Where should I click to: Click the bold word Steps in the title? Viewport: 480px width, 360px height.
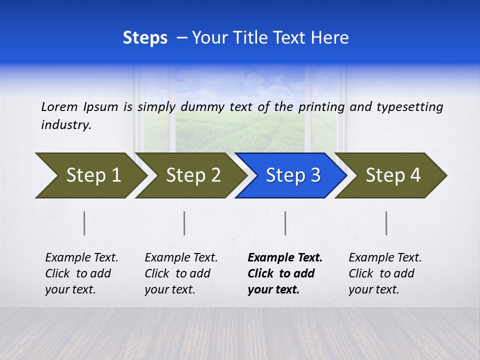click(x=145, y=38)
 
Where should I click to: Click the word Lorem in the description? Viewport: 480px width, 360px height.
click(x=59, y=106)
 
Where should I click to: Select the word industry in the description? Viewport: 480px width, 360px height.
click(x=65, y=125)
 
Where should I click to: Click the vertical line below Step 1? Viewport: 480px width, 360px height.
click(x=84, y=223)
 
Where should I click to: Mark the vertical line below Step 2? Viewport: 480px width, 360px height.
click(x=184, y=223)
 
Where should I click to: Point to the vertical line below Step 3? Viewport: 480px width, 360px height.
click(x=285, y=223)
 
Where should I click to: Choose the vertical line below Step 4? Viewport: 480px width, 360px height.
click(x=386, y=223)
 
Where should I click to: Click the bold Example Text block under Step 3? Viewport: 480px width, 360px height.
click(x=284, y=273)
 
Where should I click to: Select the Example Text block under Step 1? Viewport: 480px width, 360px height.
click(x=81, y=273)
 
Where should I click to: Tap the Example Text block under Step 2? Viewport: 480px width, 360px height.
click(x=181, y=273)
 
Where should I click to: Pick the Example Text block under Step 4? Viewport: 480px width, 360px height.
click(x=385, y=273)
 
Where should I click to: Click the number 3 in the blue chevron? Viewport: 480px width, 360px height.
click(x=315, y=175)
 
